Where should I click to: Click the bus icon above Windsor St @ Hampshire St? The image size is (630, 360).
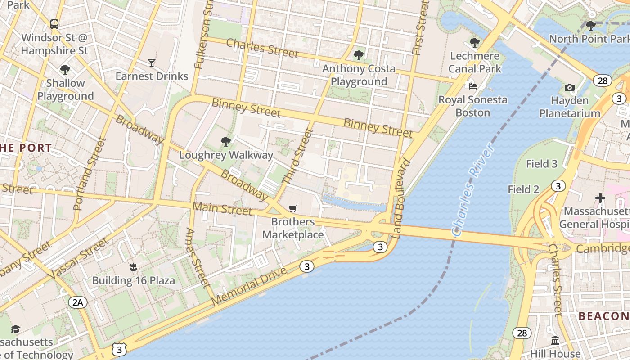pos(54,24)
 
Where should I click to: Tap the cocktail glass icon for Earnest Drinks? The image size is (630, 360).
pos(152,63)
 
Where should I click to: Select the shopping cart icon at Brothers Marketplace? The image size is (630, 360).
pos(293,208)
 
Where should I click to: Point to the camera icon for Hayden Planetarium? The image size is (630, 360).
pos(570,87)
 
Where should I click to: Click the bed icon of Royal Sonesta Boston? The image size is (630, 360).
pos(472,86)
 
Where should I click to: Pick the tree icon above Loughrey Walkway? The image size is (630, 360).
pos(226,142)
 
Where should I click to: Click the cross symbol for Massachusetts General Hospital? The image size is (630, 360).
pos(600,198)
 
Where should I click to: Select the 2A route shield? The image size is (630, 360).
pos(78,302)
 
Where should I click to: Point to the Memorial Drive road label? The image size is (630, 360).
pos(249,286)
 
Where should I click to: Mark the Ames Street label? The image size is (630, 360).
pos(197,258)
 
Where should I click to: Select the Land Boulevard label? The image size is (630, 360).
pos(401,198)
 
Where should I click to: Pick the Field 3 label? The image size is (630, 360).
pos(542,164)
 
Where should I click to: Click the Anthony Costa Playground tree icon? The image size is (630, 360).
pos(359,55)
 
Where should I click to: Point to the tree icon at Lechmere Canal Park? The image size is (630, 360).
pos(474,43)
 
